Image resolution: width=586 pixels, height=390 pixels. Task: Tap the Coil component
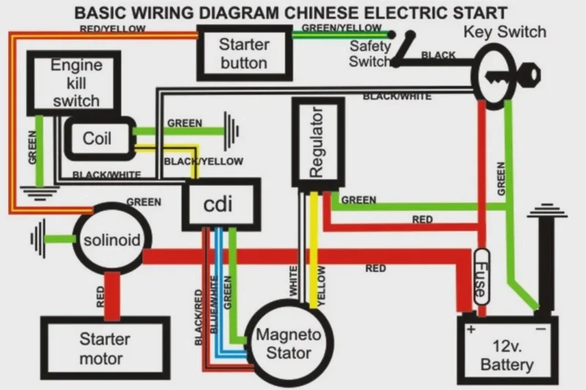pos(97,138)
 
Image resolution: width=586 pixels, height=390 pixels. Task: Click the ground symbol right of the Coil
pos(233,132)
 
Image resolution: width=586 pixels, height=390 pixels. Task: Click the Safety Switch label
pos(370,53)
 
